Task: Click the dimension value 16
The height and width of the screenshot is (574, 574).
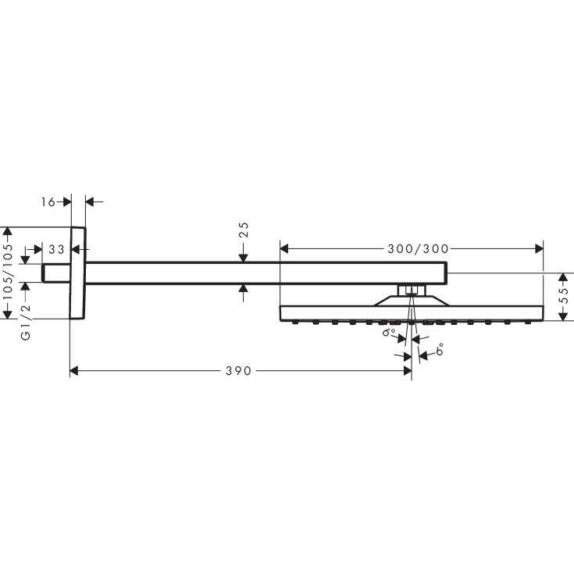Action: pos(48,201)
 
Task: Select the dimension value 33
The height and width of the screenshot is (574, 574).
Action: pos(56,250)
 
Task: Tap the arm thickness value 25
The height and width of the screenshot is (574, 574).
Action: pos(244,230)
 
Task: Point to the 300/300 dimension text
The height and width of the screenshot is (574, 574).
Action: pos(418,249)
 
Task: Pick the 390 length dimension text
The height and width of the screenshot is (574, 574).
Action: pos(239,371)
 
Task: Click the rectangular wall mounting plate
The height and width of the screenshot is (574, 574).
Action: pos(77,273)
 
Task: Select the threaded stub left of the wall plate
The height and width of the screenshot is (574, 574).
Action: pos(56,273)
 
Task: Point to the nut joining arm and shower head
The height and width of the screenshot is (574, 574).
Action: pos(412,291)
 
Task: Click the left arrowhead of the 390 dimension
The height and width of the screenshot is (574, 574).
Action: pos(75,371)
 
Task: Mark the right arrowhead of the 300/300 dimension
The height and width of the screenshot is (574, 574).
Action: pos(538,249)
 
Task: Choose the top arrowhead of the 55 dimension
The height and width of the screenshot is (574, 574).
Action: pos(562,278)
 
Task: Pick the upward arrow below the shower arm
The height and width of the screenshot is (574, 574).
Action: pos(244,291)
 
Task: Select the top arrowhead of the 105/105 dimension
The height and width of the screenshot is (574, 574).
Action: pos(8,232)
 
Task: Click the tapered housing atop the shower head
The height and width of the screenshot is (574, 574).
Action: pos(412,301)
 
